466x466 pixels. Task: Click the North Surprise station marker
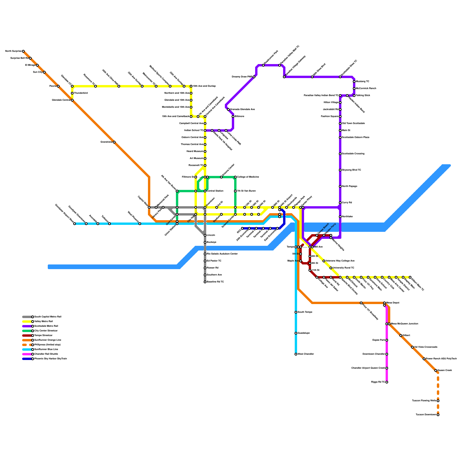(23, 51)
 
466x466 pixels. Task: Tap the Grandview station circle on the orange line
(114, 142)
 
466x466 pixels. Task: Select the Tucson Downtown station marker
(438, 415)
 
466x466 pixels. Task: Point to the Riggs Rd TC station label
(378, 382)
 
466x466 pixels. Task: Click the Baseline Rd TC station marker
(205, 282)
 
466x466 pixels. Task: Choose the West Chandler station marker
(296, 354)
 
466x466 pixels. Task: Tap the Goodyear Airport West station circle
(75, 224)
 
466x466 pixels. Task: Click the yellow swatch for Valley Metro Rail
(27, 322)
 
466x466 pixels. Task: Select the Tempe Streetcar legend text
(43, 336)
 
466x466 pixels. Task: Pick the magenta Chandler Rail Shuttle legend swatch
(27, 354)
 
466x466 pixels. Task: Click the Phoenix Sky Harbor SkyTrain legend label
(51, 359)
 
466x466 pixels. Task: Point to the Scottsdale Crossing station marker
(340, 154)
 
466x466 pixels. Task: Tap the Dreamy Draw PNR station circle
(254, 77)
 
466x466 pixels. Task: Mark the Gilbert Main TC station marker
(410, 277)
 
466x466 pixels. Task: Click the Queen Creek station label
(445, 370)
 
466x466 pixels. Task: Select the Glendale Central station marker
(72, 100)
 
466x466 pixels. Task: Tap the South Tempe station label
(305, 312)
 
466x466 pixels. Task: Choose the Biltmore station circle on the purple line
(233, 116)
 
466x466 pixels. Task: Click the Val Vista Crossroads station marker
(412, 347)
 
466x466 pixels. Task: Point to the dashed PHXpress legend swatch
(27, 345)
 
